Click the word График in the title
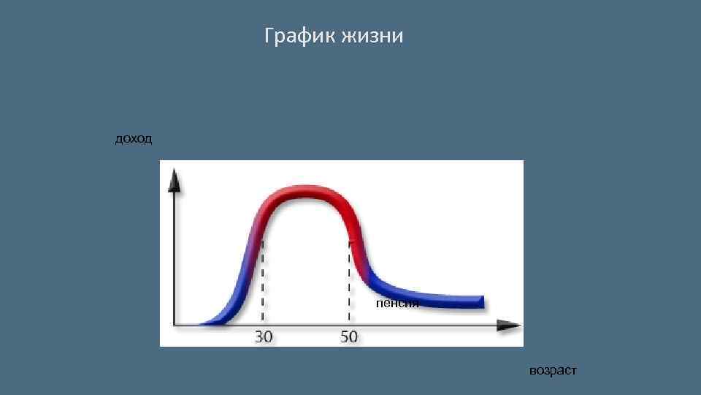(299, 36)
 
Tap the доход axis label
(134, 139)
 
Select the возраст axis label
(553, 371)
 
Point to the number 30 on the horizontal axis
(264, 337)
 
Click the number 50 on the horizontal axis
(349, 337)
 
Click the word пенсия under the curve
(397, 303)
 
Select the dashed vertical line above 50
(350, 285)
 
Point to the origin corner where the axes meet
(174, 324)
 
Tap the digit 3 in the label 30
(258, 337)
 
